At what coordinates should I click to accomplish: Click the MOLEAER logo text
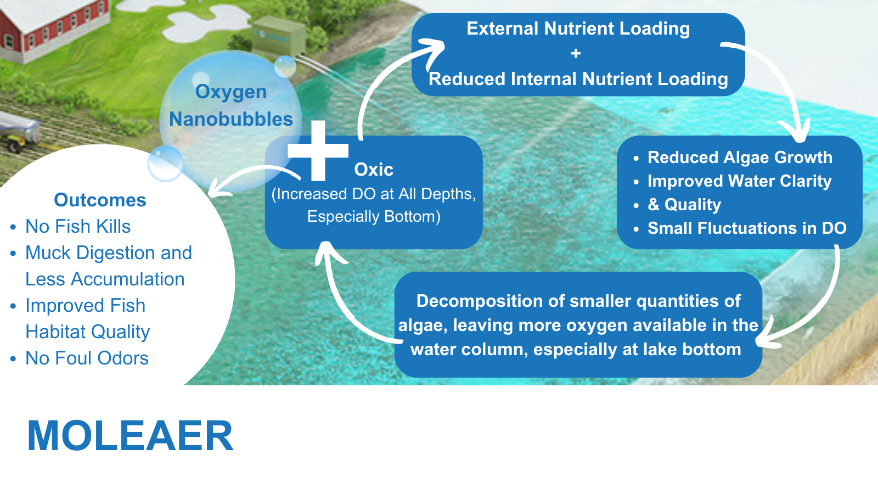pos(130,436)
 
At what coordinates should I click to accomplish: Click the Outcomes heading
pos(100,200)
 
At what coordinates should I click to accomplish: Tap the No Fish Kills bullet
pos(78,226)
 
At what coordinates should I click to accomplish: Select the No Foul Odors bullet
pos(87,358)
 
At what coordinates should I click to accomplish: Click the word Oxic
pos(374,169)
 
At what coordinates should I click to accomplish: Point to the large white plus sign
pos(318,150)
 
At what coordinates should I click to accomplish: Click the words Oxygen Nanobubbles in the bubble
pos(231,105)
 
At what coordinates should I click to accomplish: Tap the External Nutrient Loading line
pos(578,29)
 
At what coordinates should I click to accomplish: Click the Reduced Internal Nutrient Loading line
pos(578,79)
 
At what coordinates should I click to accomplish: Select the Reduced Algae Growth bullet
pos(739,158)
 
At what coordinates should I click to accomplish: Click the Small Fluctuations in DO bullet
pos(746,228)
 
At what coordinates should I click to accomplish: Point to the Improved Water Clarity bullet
pos(739,181)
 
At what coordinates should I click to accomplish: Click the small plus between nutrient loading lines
pos(576,54)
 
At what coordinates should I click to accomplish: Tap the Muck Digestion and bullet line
pos(108,252)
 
